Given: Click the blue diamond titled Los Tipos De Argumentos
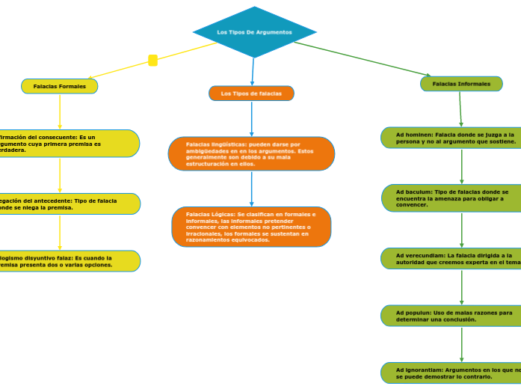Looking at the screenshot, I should (254, 32).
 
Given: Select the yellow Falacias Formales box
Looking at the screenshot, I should (60, 86).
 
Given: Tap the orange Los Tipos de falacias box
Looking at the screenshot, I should (251, 94).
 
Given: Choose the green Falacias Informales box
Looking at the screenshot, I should (461, 84).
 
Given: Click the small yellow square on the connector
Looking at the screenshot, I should (153, 61).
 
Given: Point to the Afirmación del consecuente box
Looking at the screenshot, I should (67, 143).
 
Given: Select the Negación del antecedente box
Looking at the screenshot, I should (67, 203).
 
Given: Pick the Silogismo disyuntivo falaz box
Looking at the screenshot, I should (67, 261).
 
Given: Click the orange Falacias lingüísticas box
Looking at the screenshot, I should (251, 153).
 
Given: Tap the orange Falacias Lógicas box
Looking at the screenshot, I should (251, 226).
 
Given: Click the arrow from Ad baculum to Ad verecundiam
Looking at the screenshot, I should (462, 230).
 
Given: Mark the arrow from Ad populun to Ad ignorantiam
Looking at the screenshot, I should (462, 344).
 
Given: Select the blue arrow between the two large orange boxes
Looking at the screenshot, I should (251, 189).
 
